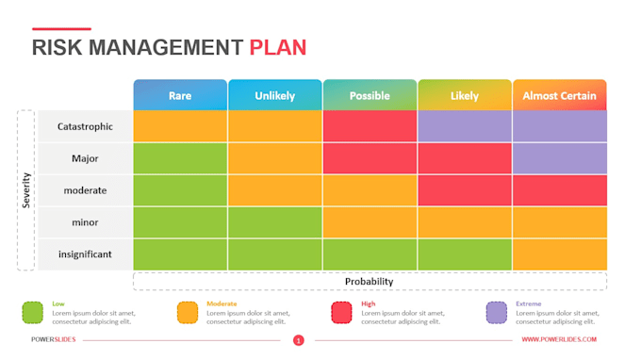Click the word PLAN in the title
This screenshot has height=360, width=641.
[277, 48]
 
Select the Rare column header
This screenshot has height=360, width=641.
[180, 95]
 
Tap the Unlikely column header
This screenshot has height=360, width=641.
[274, 95]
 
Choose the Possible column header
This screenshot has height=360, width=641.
[370, 95]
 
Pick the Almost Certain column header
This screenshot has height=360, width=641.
[559, 95]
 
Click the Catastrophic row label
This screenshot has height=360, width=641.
[85, 126]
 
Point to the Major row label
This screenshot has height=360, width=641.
[85, 158]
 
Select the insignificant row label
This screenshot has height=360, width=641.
[85, 254]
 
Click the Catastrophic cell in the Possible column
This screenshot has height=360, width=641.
[370, 126]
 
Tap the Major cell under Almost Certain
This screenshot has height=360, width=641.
[559, 158]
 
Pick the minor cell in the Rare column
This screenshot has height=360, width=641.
[180, 222]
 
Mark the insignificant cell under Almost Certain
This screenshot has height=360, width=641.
[559, 254]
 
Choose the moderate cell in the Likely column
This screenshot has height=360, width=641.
[465, 190]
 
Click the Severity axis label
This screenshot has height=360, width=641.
[26, 190]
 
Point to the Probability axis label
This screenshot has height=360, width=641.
[370, 281]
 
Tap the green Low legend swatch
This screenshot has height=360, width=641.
[33, 313]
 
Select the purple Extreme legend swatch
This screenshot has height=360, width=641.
[497, 313]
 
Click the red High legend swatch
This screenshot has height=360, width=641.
[342, 313]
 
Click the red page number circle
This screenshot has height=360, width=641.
[298, 340]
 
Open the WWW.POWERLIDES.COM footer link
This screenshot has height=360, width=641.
[559, 340]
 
